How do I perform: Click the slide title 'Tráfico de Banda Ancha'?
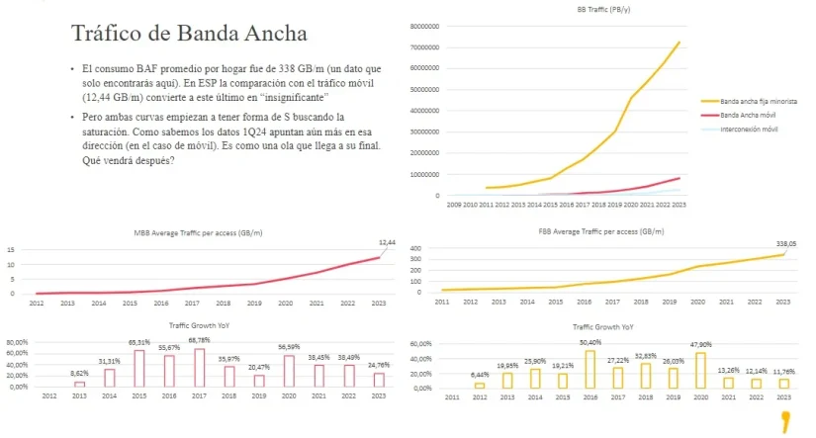point(189,33)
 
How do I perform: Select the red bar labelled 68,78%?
point(200,367)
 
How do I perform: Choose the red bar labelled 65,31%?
point(139,368)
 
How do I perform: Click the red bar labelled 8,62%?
point(79,384)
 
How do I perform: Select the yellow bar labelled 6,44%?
point(480,385)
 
